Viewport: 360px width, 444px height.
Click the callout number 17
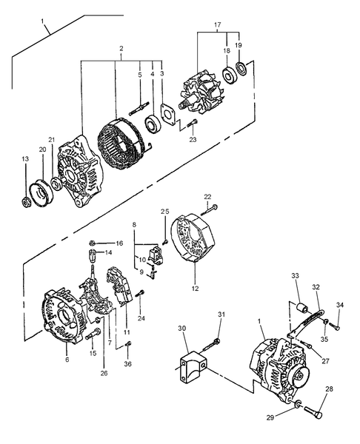click(217, 26)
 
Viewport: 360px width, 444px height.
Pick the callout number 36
click(127, 363)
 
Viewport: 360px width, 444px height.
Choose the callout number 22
click(208, 196)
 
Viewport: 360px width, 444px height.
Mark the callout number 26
click(104, 373)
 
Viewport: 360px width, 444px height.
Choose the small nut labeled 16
click(91, 242)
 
